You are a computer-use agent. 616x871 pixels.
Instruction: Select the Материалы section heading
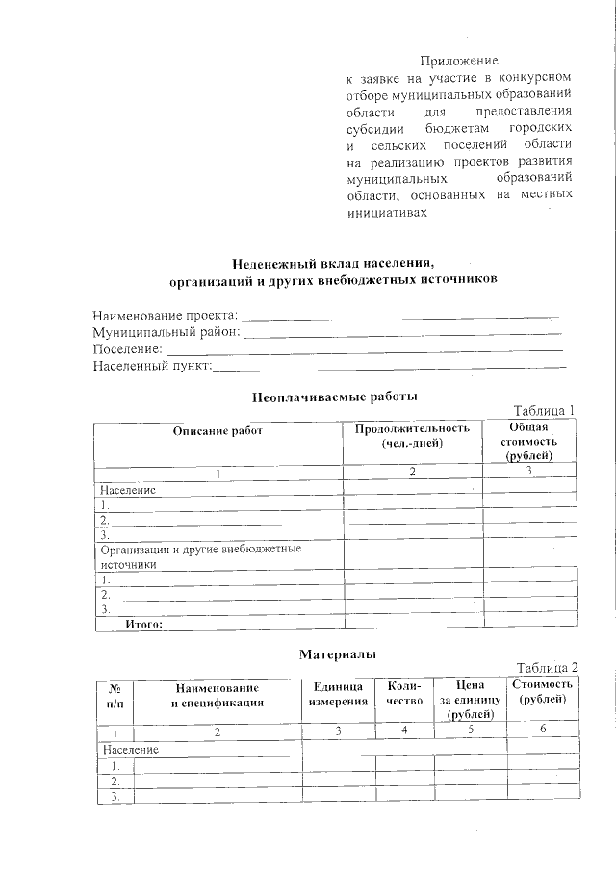(x=337, y=653)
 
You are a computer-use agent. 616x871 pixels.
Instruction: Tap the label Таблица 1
(x=544, y=410)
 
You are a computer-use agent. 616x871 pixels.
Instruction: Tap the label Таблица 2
(x=547, y=668)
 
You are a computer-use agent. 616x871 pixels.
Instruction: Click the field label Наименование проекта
(x=164, y=315)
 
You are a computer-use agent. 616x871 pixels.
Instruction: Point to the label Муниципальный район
(x=167, y=332)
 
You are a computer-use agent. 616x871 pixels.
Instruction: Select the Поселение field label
(x=127, y=348)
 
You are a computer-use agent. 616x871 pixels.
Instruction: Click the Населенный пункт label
(x=151, y=366)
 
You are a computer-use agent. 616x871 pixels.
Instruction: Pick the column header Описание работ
(x=218, y=430)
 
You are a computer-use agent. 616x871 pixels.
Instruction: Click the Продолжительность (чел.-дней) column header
(x=411, y=436)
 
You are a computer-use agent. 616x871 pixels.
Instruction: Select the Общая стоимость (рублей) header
(x=528, y=441)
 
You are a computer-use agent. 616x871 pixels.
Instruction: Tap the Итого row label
(x=144, y=624)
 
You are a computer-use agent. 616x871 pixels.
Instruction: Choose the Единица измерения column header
(x=338, y=694)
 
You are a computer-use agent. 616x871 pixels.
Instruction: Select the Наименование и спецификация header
(x=217, y=695)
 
